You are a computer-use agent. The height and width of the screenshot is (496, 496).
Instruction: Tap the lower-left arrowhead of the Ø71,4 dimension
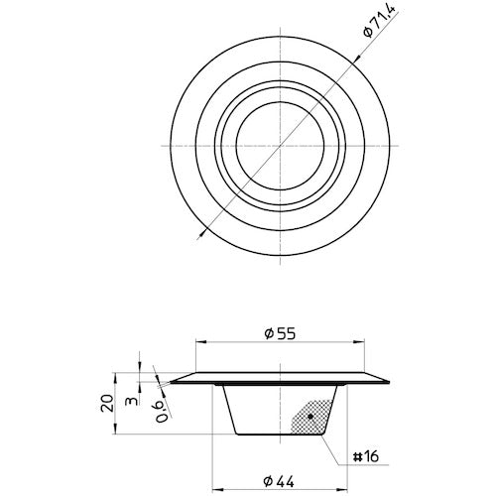pos(202,231)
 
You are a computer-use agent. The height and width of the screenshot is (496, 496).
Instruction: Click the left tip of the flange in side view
pos(171,382)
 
